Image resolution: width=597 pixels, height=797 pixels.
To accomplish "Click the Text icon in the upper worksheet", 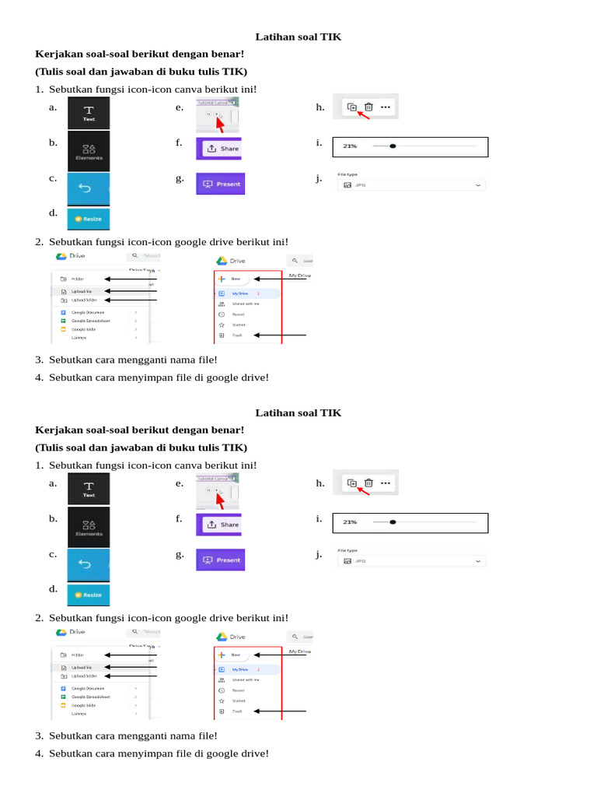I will (x=89, y=112).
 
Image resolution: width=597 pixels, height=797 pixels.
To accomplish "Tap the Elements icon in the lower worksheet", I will (x=89, y=526).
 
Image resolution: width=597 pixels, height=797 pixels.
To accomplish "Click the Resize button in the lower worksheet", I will (x=89, y=595).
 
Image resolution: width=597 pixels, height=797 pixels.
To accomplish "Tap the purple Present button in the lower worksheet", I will (x=221, y=560).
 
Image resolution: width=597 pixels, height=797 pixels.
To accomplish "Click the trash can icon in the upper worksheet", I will (x=369, y=107).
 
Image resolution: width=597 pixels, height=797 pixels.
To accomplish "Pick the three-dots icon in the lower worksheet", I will (x=386, y=483).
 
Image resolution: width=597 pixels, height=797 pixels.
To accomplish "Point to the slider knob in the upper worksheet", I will (x=393, y=146).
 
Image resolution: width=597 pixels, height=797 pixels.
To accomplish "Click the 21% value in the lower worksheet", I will (x=350, y=522).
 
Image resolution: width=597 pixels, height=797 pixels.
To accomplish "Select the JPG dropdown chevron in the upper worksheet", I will (x=479, y=185).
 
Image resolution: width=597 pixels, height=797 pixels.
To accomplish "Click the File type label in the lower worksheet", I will (x=347, y=550).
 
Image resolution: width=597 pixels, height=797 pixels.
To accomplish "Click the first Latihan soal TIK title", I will (x=298, y=37).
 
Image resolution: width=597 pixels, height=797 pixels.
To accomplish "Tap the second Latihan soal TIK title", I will (x=298, y=413).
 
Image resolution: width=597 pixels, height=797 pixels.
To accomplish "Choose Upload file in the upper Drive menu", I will (x=82, y=291).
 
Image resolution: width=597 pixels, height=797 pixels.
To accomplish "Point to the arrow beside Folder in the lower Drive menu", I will (x=131, y=655).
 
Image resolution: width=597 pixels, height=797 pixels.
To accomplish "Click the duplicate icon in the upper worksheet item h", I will (x=351, y=107).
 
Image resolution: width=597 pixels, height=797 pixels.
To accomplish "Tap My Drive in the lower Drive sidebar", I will (x=239, y=669).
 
